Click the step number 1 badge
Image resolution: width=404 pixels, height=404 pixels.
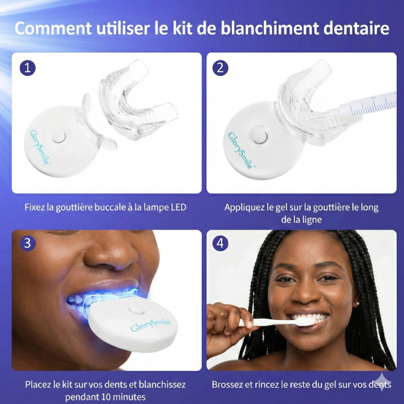click(x=28, y=67)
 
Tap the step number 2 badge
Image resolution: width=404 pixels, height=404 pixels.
click(x=220, y=67)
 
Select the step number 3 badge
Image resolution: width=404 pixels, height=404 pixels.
click(x=28, y=243)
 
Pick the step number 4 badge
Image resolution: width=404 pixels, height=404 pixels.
click(x=220, y=243)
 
